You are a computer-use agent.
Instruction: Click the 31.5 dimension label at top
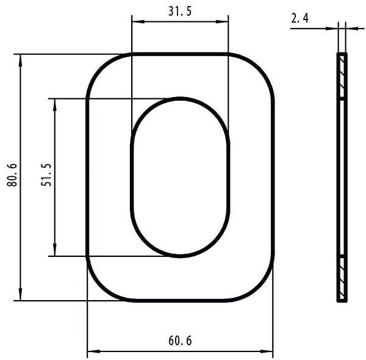(180, 11)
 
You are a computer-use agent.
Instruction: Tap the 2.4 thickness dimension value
(300, 18)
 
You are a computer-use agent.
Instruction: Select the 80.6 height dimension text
(12, 175)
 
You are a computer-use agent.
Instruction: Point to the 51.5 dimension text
(46, 175)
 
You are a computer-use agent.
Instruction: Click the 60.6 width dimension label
(180, 340)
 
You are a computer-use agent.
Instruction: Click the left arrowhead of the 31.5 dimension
(138, 22)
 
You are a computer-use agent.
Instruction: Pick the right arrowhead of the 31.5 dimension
(222, 22)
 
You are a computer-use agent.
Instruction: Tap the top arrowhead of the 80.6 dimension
(21, 60)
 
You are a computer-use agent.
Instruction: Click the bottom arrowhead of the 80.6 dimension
(21, 294)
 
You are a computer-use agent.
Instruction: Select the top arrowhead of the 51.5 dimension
(55, 105)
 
